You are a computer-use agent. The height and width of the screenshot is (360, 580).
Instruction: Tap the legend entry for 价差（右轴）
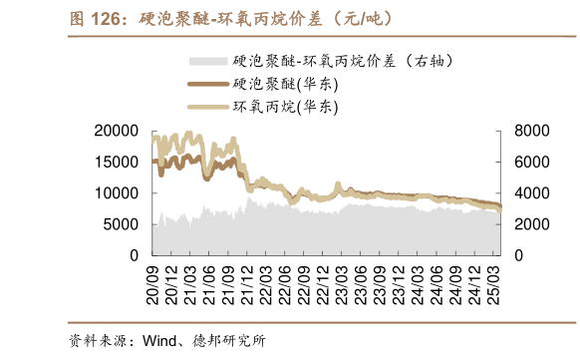[x=329, y=61]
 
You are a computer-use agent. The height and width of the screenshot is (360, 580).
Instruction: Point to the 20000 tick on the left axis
[x=118, y=131]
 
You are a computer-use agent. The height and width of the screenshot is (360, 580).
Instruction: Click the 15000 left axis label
[x=118, y=162]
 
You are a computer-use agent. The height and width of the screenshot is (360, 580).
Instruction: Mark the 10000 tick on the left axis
[x=118, y=193]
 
